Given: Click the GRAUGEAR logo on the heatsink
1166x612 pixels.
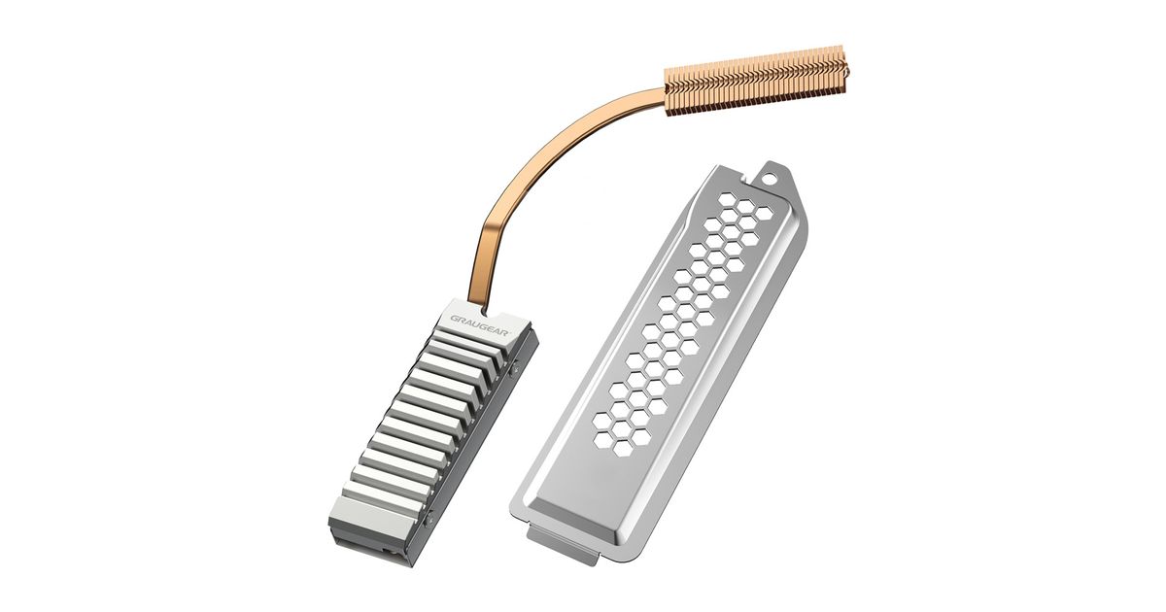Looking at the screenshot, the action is [479, 325].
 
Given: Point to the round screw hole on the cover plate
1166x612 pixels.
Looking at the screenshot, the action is [769, 179].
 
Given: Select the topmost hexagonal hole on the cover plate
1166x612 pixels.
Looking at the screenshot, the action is [727, 199].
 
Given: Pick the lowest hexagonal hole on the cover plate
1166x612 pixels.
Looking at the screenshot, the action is [623, 448].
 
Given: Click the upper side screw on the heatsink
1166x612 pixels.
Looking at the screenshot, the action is [514, 367].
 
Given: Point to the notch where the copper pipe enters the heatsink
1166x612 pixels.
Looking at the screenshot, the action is [485, 311].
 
